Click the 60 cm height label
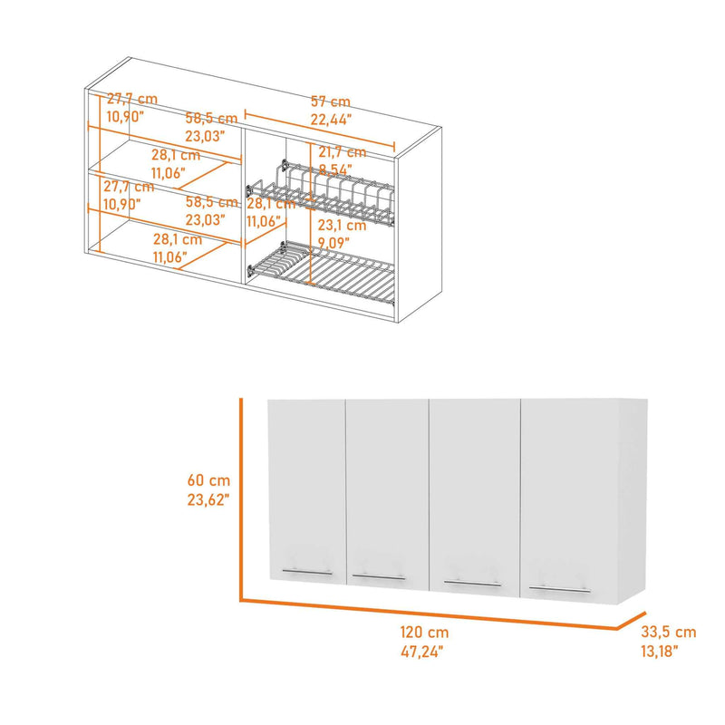pos(208,480)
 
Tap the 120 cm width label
pos(424,632)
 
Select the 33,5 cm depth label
pos(669,632)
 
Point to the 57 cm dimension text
pos(331,101)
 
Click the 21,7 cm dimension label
pos(343,152)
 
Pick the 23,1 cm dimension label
pos(343,225)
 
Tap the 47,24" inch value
pos(421,652)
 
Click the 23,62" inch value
pos(208,499)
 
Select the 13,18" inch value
pos(660,652)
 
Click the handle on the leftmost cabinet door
pos(307,573)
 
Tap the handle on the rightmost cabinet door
pos(559,589)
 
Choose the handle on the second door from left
pos(379,577)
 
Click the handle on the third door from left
pos(472,583)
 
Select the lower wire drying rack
pos(322,273)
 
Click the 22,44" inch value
pos(331,120)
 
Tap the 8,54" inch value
pos(333,169)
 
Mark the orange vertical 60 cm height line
pos(241,499)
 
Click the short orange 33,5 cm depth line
pos(631,621)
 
